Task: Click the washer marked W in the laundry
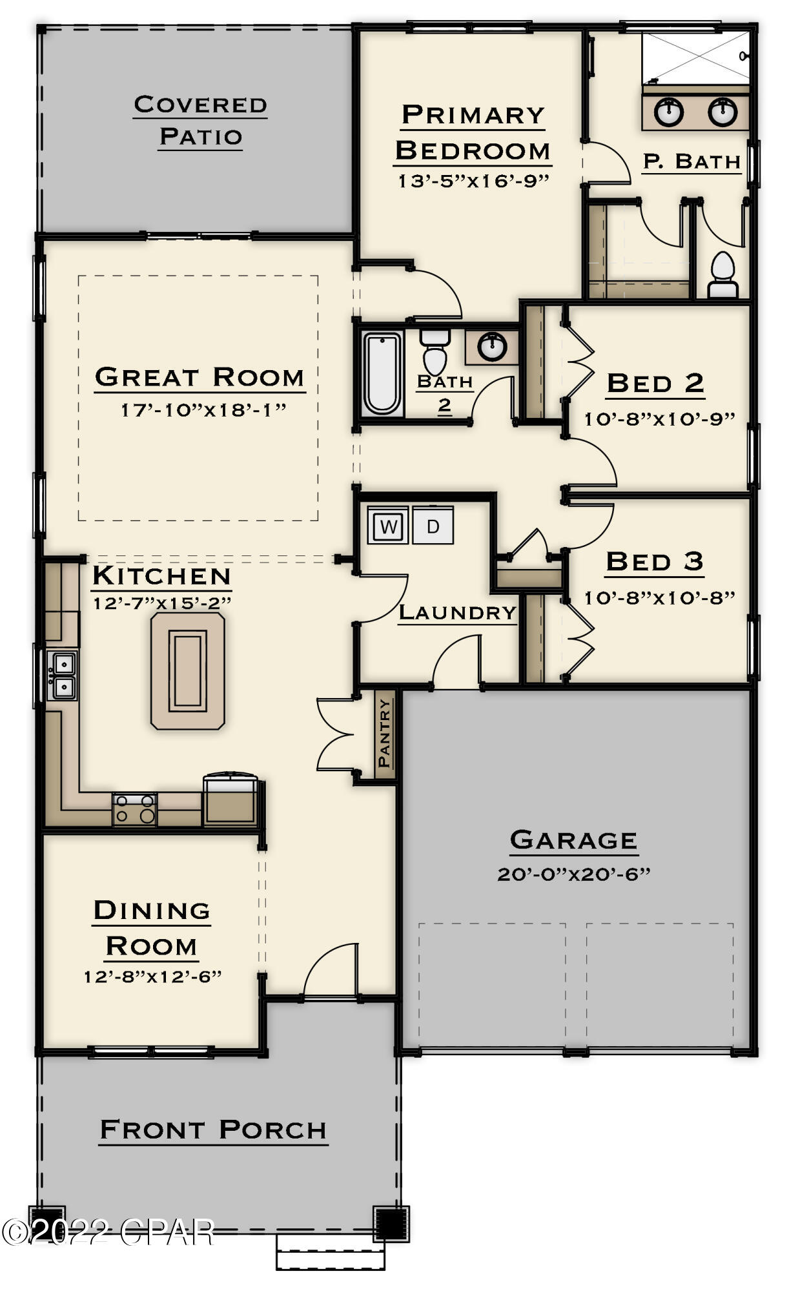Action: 387,526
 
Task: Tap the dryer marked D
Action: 433,526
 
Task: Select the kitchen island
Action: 187,671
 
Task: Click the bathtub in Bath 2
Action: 381,373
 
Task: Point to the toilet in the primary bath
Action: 722,276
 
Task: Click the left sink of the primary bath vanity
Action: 668,112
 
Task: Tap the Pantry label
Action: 384,733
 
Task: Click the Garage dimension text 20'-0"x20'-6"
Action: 573,874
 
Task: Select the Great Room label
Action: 200,377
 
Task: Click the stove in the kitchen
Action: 134,809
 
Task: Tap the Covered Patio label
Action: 200,121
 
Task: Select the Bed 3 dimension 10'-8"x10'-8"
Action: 659,598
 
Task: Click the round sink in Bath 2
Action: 493,347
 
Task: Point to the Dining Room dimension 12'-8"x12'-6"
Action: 152,976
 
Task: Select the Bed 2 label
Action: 655,383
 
